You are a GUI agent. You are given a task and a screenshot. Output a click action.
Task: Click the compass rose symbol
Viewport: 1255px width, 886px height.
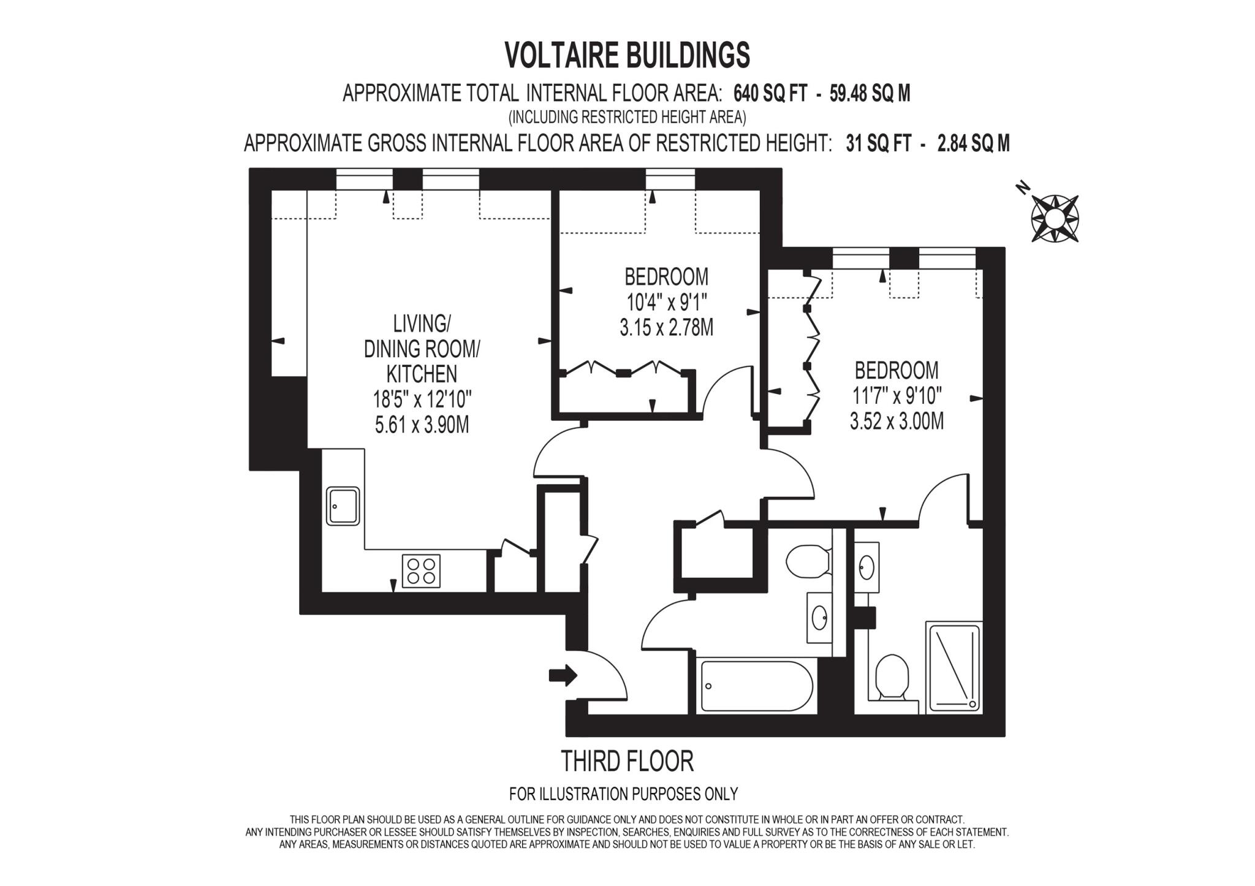pos(1055,218)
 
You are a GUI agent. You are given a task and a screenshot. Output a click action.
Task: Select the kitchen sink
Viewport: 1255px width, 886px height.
pos(343,505)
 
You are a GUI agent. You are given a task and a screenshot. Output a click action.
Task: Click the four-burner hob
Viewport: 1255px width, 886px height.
pos(421,570)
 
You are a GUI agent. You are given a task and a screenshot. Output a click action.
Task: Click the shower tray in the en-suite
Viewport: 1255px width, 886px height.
pos(955,667)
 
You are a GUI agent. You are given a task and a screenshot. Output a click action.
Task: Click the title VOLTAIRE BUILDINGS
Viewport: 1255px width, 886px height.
pos(627,55)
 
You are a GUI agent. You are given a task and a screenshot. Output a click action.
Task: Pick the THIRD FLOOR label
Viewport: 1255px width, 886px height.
pos(627,762)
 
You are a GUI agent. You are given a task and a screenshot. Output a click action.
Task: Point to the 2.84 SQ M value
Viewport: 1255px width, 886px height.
pos(974,143)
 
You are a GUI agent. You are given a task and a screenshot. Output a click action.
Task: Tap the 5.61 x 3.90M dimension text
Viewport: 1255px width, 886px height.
pos(422,425)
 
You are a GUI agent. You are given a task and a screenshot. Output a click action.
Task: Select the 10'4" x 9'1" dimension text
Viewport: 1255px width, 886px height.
pos(666,302)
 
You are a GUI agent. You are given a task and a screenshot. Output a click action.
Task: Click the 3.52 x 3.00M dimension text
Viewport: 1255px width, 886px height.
pos(897,422)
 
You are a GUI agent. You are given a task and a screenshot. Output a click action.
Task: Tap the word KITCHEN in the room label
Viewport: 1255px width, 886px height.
pos(422,374)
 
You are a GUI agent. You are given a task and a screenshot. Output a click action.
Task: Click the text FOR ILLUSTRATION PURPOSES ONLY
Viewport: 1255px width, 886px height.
pos(623,794)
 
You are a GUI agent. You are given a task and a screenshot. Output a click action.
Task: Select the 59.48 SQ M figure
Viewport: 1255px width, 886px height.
pos(870,94)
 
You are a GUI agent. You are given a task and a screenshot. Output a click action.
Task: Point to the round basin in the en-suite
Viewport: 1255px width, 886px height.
pos(866,567)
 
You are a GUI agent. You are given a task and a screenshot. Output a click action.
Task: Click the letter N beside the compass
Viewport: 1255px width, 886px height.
pos(1022,188)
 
